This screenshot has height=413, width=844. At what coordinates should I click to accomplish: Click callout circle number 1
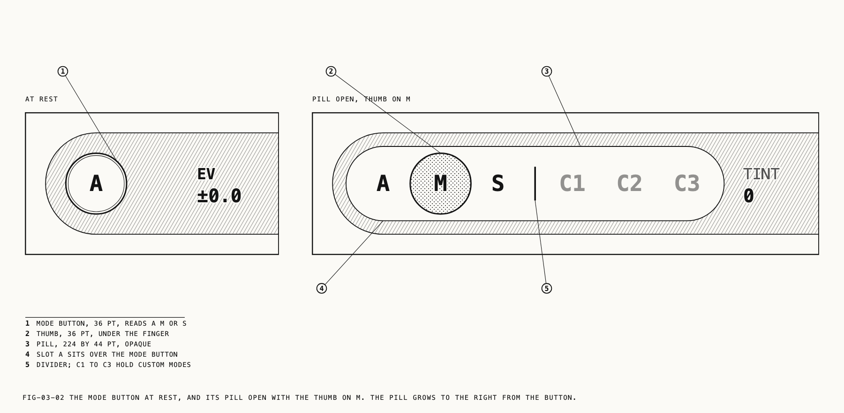click(x=63, y=71)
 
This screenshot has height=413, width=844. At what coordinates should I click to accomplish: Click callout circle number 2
click(x=331, y=71)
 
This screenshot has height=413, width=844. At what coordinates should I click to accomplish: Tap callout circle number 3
click(x=547, y=71)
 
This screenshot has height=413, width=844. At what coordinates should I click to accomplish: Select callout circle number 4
click(x=322, y=288)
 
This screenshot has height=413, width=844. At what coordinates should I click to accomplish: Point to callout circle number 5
click(x=547, y=288)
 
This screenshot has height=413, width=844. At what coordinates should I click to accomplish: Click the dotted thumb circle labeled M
click(x=440, y=184)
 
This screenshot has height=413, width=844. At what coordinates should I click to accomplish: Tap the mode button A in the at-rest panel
click(x=96, y=184)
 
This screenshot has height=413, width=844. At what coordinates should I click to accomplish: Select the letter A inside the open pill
click(x=383, y=184)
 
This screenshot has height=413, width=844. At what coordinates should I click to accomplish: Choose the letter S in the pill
click(x=497, y=184)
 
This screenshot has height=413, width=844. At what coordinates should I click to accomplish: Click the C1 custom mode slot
click(x=573, y=184)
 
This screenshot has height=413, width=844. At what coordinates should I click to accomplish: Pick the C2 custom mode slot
click(x=630, y=184)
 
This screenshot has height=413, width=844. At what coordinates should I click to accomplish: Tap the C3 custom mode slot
click(x=687, y=184)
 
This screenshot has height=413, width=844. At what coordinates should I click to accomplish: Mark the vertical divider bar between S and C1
click(x=535, y=184)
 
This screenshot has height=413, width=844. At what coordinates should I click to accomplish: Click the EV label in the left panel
click(x=206, y=174)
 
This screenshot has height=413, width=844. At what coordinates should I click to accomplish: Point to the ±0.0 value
click(x=219, y=196)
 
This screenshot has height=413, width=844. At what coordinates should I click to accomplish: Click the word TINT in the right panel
click(x=761, y=174)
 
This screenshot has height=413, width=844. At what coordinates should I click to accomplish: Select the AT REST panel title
click(x=42, y=99)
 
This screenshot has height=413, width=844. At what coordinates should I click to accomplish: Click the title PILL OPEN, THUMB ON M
click(x=362, y=99)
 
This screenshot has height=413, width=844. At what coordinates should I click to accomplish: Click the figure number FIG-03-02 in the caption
click(x=44, y=398)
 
